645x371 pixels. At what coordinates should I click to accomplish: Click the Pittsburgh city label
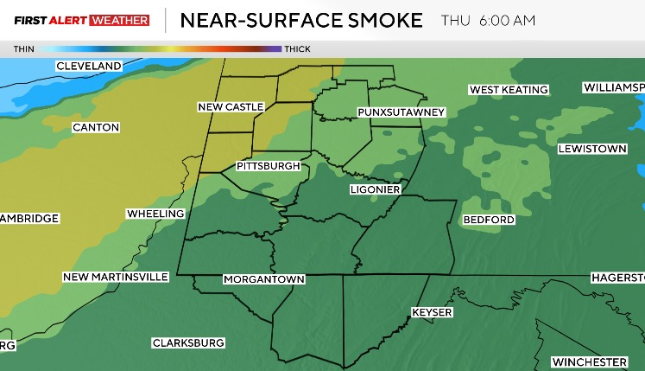268,166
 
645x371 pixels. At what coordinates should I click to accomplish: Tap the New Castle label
231,107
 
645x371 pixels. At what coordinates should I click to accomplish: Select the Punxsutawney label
401,113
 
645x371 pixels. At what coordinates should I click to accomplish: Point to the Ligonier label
375,189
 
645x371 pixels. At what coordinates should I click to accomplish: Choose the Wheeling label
155,214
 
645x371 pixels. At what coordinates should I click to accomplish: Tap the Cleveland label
88,67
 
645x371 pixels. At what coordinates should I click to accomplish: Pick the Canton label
96,128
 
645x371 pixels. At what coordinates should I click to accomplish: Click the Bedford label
489,220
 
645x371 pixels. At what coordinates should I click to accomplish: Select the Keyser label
432,312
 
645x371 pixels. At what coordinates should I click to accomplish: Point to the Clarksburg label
188,343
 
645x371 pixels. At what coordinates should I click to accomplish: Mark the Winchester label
590,361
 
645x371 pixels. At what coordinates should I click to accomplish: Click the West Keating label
509,90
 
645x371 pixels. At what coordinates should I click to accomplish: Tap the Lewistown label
591,150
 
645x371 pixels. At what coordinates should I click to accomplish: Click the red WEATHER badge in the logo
119,20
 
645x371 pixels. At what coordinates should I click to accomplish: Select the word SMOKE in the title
381,20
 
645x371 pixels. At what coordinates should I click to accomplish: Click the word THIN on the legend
24,49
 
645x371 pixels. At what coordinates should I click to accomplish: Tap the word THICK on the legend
297,49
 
